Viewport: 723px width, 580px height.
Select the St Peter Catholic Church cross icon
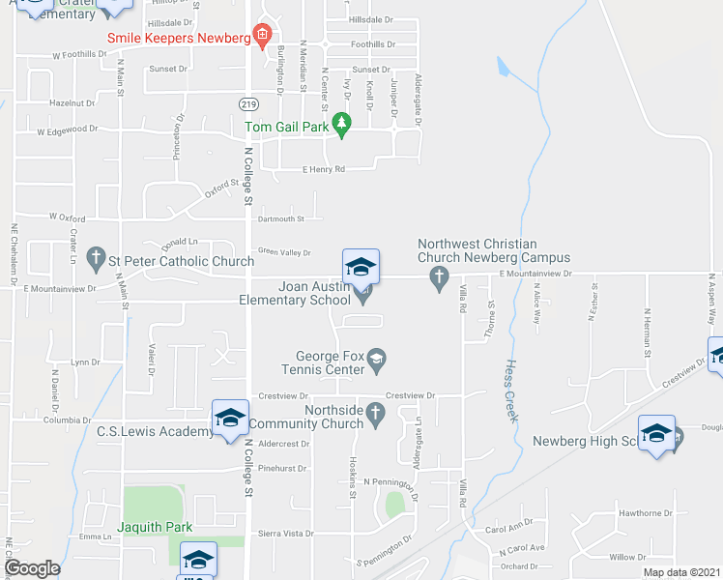point(96,258)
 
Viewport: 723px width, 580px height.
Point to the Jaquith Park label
point(155,527)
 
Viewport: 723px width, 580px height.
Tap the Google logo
point(32,568)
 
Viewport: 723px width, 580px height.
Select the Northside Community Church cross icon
point(377,413)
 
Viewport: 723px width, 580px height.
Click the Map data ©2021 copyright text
point(680,572)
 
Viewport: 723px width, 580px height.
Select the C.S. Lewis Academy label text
point(155,431)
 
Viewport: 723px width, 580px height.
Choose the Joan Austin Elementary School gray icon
point(363,298)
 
